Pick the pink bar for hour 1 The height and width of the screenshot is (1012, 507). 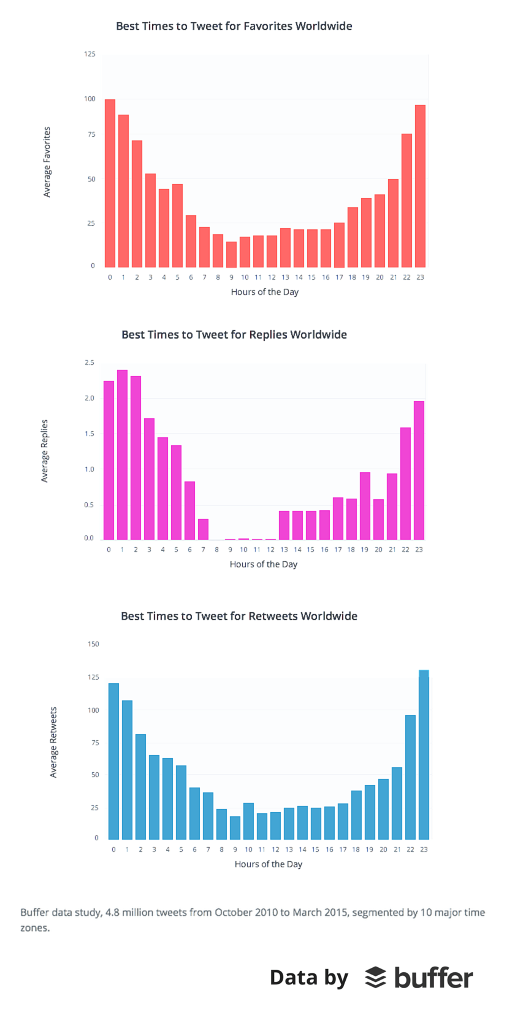122,454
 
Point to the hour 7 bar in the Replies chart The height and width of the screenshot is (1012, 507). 203,529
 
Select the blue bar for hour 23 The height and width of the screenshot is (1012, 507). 424,754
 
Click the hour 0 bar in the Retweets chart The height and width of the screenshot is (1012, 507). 113,761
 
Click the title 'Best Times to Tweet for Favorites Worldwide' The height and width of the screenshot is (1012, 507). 234,26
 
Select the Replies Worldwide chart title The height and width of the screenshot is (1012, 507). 234,335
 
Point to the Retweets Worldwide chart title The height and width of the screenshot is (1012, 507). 238,616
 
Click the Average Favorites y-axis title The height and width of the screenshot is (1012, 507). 47,162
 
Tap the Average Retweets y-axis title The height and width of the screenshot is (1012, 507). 53,742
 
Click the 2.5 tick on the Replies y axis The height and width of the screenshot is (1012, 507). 90,363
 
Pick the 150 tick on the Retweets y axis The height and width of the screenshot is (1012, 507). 93,644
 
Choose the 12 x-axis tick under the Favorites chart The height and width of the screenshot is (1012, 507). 272,277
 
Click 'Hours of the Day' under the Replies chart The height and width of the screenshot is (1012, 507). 264,564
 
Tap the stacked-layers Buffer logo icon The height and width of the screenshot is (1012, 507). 375,978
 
